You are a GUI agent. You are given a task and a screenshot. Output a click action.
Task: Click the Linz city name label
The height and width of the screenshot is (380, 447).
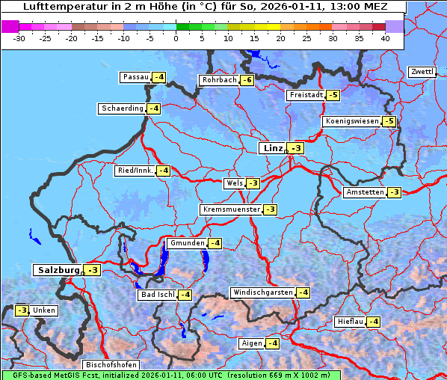[272, 148]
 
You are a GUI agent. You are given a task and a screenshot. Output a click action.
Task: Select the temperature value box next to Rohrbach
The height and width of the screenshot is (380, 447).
[247, 80]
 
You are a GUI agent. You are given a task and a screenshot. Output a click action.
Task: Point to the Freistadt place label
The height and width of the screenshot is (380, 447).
[306, 95]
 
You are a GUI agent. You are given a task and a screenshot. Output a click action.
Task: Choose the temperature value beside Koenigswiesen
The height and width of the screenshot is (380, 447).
[389, 121]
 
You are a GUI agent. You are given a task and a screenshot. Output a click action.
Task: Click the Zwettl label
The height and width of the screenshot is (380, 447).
[422, 72]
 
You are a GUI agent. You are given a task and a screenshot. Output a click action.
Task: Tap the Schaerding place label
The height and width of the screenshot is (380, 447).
[123, 108]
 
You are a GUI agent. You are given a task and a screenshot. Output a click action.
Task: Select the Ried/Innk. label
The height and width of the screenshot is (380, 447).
[135, 171]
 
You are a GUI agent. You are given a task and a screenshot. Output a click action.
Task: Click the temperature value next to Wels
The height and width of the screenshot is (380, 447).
[253, 183]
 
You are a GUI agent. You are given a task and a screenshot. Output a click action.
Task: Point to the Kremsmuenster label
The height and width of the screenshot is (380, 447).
[231, 209]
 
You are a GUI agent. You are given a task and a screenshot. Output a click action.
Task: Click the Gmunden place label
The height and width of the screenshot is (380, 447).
[187, 243]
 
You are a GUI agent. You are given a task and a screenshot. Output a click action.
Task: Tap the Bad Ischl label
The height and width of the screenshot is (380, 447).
[157, 295]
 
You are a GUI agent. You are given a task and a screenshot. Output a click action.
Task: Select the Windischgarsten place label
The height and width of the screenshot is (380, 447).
[262, 292]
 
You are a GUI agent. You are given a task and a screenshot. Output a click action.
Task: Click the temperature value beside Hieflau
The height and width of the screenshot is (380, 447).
[373, 322]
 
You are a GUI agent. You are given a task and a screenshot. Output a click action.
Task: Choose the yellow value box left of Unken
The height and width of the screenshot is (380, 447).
[22, 310]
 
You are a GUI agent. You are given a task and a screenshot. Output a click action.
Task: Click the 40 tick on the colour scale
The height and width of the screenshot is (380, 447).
[384, 37]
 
